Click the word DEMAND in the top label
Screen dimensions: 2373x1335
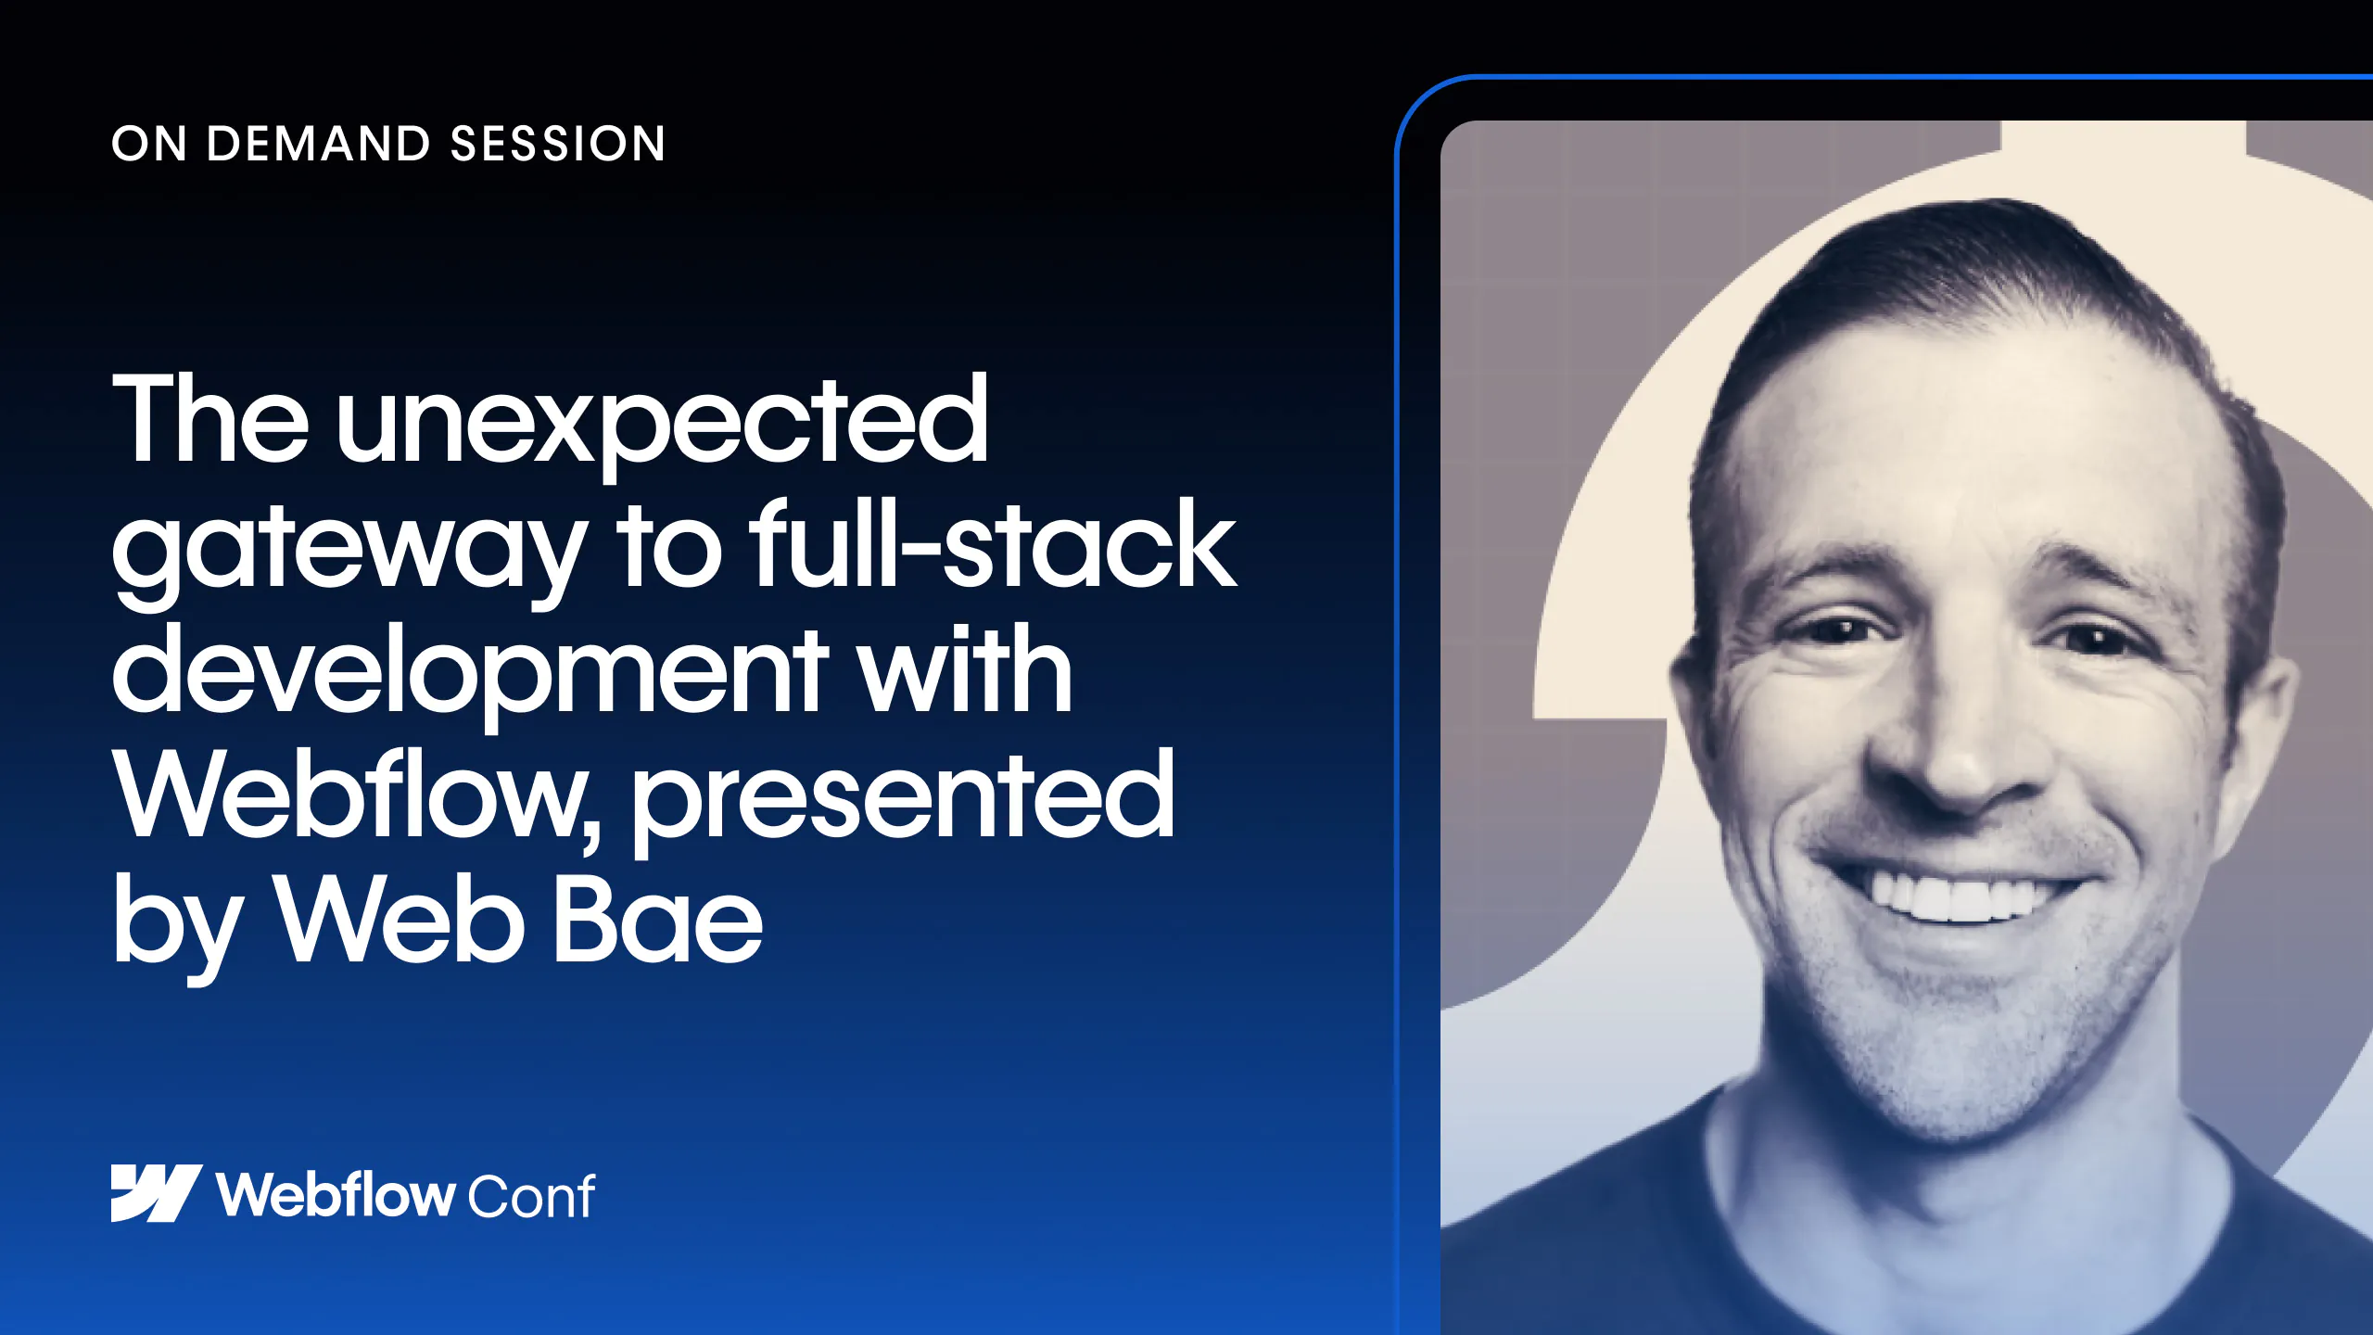coord(319,144)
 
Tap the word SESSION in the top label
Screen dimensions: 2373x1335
coord(558,144)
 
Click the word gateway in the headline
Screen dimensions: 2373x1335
coord(349,551)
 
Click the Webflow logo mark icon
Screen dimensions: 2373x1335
coord(157,1193)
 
